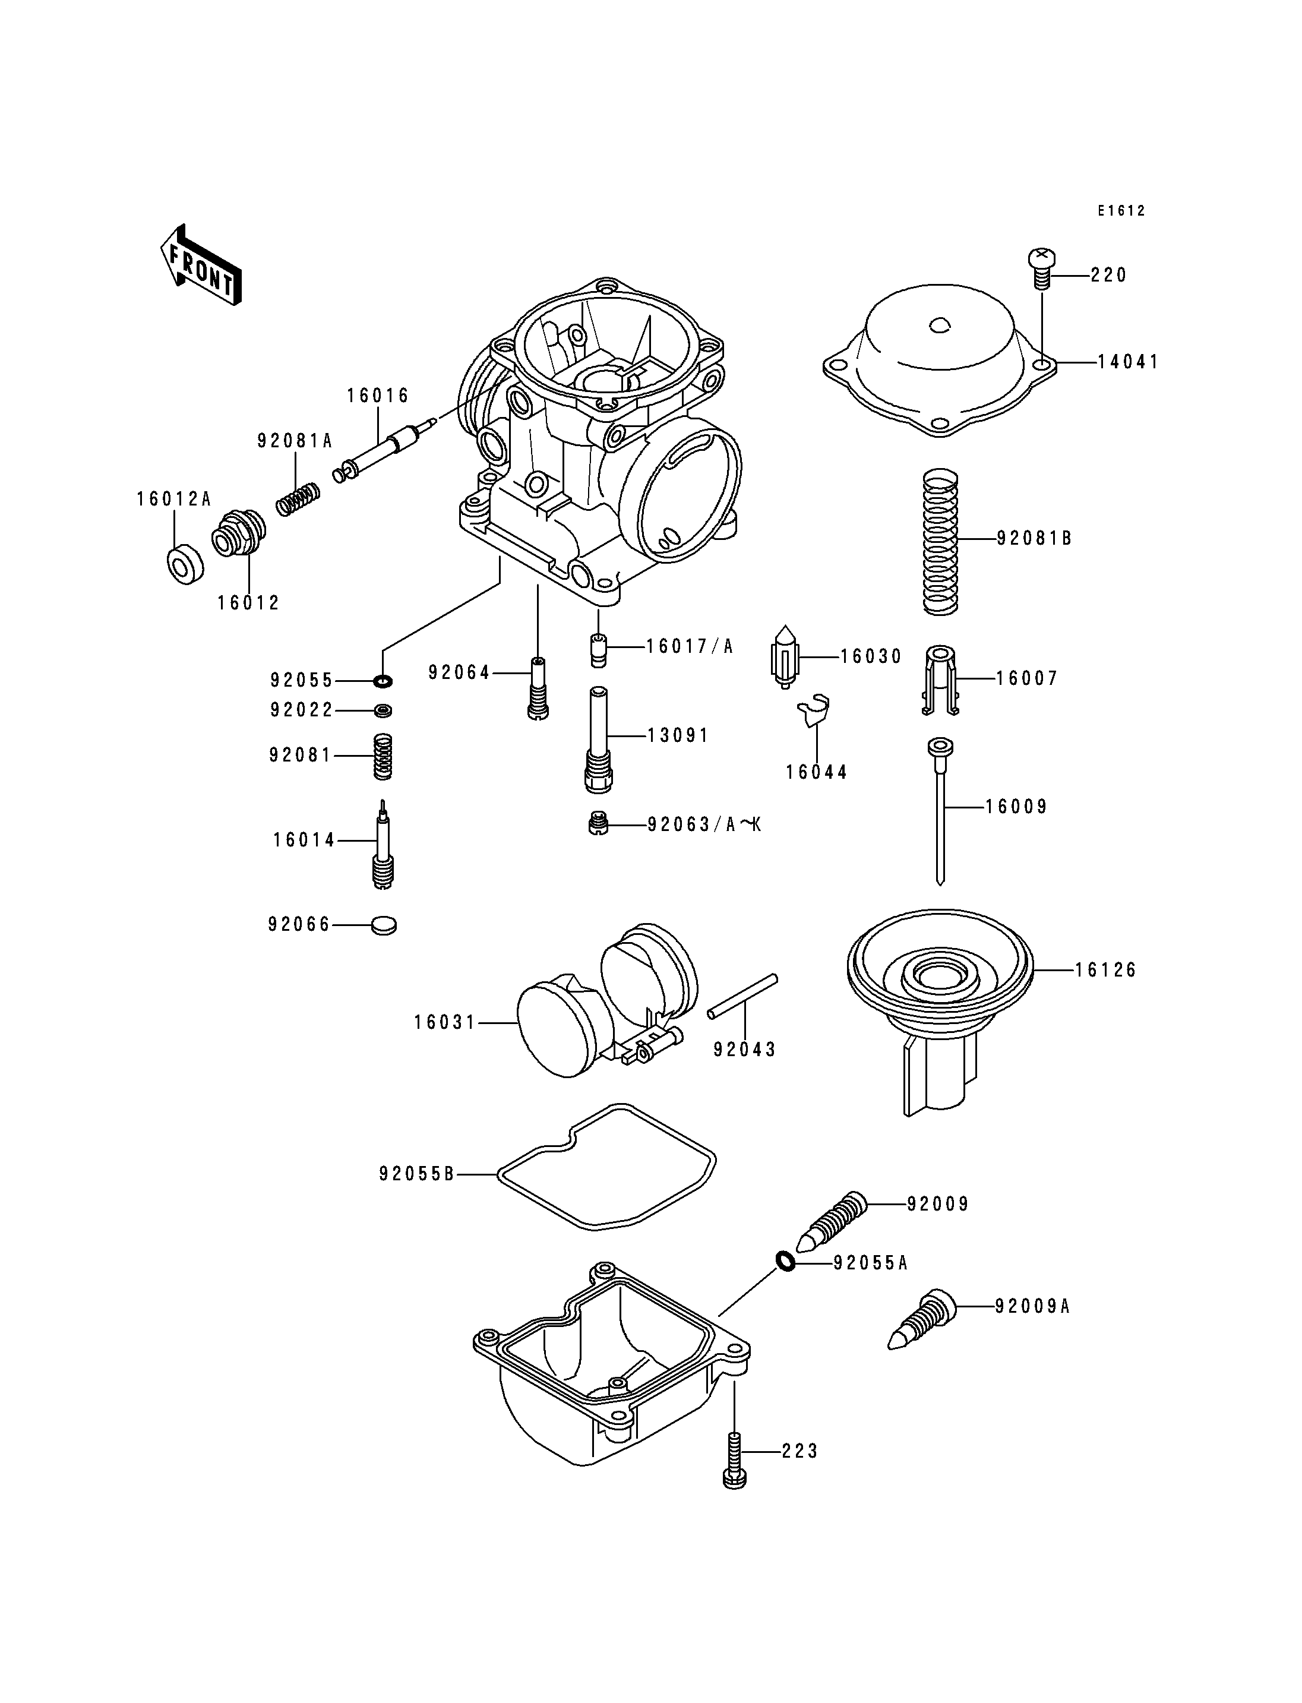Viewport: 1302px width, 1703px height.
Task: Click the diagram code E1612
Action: click(x=1121, y=211)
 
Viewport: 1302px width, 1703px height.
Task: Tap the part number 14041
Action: click(x=1127, y=362)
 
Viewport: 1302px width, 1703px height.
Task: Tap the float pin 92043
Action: click(x=742, y=997)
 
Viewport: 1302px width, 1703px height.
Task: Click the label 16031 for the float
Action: click(x=444, y=1022)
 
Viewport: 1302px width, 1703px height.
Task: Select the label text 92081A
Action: click(x=295, y=441)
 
